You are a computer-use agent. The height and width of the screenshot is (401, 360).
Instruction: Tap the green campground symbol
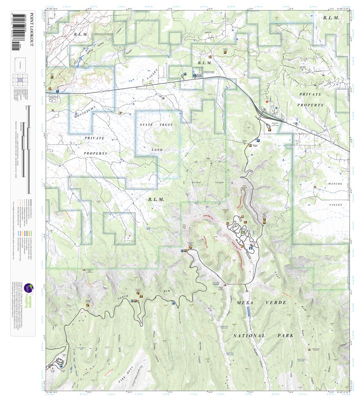click(243, 231)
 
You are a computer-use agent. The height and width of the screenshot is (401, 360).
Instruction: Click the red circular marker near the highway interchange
click(266, 101)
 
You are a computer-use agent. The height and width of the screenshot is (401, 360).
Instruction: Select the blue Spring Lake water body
click(78, 60)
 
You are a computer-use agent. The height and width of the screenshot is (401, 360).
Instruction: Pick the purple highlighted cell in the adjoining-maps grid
click(21, 79)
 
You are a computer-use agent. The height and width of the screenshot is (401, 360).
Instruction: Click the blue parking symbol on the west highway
click(57, 91)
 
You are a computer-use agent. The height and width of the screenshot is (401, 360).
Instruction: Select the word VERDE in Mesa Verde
click(277, 303)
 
